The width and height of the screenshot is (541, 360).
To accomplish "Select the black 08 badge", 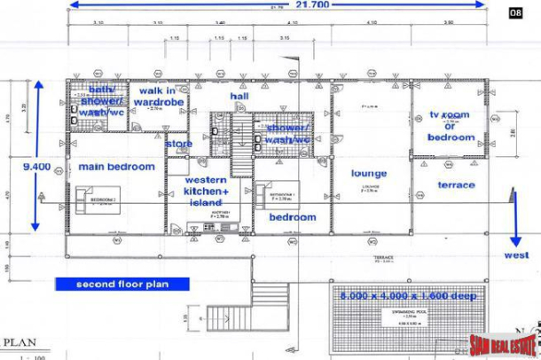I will point(514,12).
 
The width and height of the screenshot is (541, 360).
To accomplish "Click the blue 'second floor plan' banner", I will point(122,285).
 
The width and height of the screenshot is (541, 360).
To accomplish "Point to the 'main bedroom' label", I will point(116,167).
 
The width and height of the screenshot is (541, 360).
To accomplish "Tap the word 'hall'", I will point(239,95).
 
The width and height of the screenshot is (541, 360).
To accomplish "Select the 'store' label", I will point(178,145).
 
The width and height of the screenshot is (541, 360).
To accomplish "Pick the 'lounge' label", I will point(369,173).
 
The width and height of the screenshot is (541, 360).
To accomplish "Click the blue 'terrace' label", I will point(457,185).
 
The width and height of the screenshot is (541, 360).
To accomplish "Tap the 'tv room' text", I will point(450,115).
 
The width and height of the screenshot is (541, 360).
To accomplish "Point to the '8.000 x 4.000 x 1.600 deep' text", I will point(404,295).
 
